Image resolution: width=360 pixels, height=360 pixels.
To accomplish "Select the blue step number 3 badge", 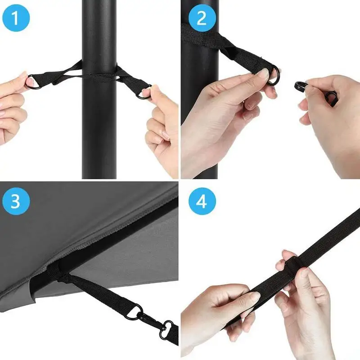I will [16, 201].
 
